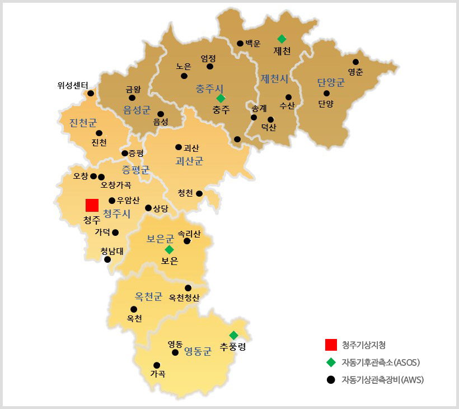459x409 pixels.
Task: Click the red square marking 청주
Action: (92, 205)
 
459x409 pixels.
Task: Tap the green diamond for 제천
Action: (282, 39)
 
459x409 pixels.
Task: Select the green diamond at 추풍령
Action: (234, 335)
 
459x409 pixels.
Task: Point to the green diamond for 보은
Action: (169, 249)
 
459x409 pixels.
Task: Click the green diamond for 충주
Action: (221, 98)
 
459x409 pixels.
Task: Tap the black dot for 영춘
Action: (356, 62)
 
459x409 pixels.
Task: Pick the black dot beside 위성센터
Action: (91, 93)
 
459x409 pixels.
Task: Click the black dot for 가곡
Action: (157, 365)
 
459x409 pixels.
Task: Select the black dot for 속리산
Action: (187, 241)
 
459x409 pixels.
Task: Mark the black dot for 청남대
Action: (107, 259)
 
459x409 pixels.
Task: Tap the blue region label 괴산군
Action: (189, 161)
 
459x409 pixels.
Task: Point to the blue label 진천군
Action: (83, 123)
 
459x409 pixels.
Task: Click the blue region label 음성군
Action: (137, 109)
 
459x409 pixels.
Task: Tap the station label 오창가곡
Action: (116, 185)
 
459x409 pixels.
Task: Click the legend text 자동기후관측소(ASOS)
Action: (381, 362)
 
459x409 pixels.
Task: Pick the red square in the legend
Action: (330, 345)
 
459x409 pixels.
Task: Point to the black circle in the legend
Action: (330, 379)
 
